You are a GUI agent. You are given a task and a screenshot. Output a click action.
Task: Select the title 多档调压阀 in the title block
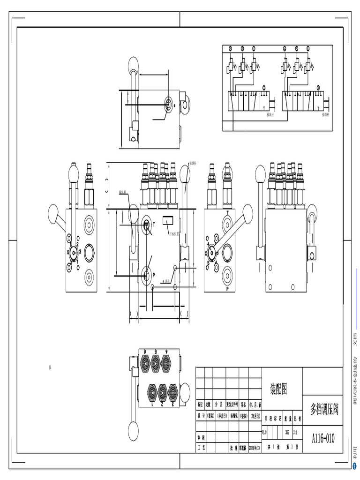(x=324, y=408)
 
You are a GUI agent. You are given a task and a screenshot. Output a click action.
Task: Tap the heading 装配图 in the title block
(x=278, y=389)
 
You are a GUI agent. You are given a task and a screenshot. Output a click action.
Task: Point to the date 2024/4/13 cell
(x=255, y=447)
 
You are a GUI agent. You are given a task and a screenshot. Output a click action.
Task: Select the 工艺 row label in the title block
(x=202, y=447)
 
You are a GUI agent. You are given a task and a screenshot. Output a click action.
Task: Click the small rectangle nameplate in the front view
(x=167, y=220)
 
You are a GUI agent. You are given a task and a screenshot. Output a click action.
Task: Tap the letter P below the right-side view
(x=227, y=290)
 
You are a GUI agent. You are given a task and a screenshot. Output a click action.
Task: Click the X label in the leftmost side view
(x=68, y=252)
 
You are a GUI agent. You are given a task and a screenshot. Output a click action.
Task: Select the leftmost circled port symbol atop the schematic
(x=230, y=49)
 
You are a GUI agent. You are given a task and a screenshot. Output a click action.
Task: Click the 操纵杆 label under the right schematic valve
(x=323, y=114)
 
